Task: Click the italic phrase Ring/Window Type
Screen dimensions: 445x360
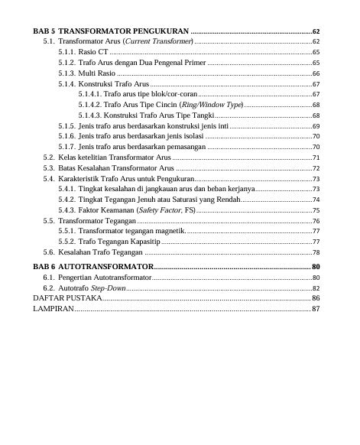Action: click(217, 104)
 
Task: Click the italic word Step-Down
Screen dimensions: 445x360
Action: click(109, 287)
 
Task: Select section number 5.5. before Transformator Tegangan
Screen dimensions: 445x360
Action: click(48, 220)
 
